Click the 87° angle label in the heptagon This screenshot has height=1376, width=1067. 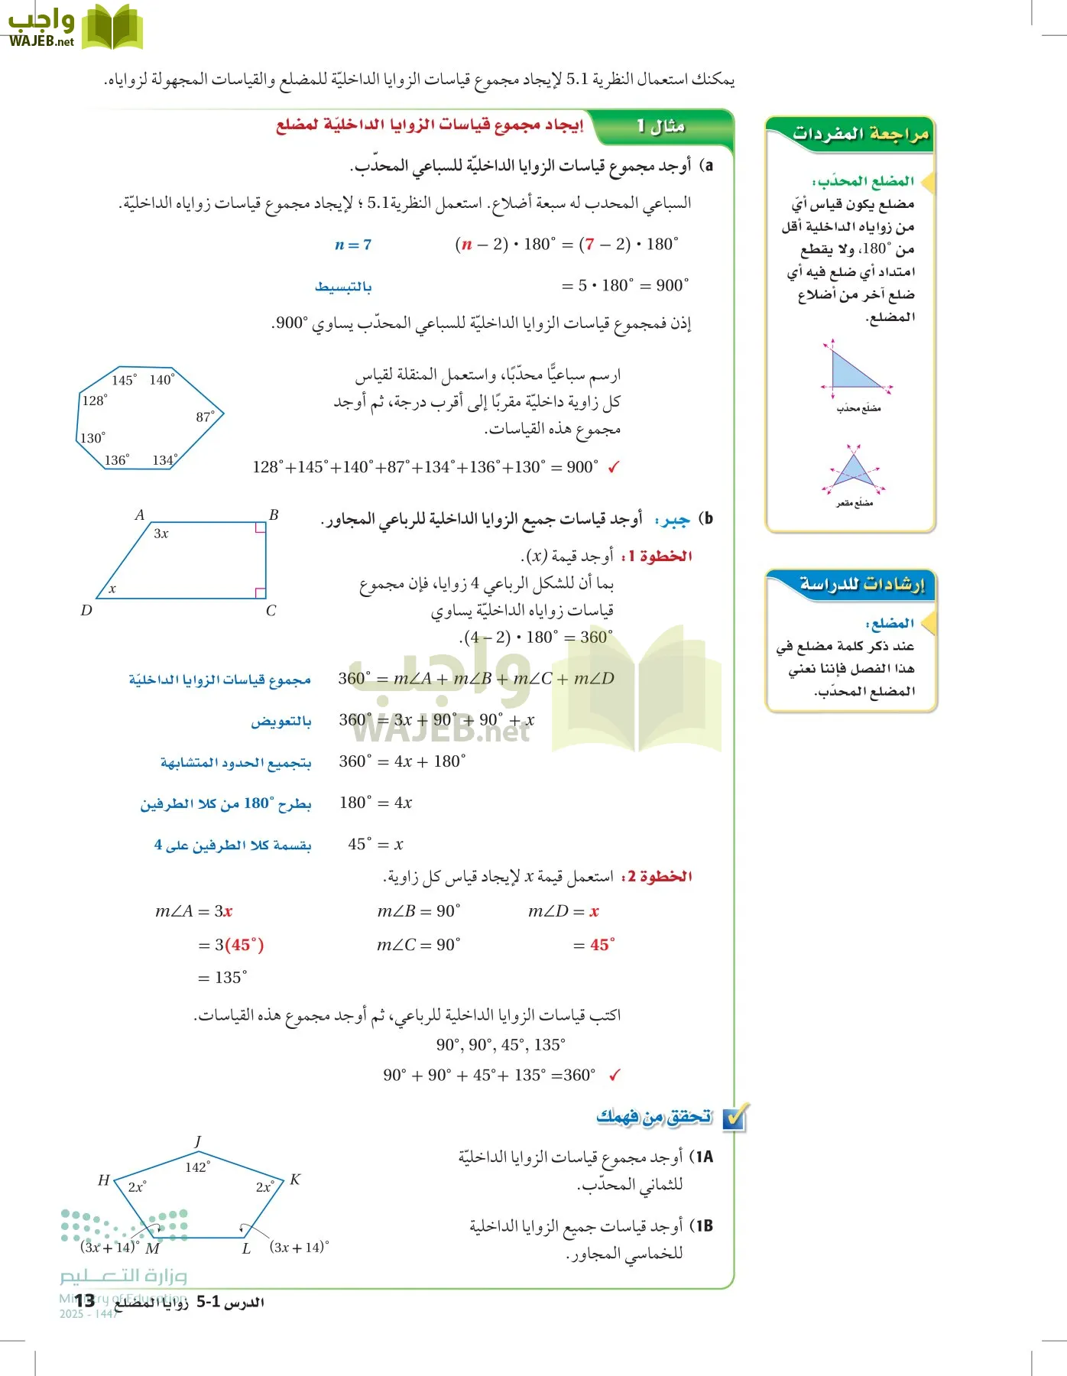point(205,417)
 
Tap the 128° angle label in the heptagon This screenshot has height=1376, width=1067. point(95,400)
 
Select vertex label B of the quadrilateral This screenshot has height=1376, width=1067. point(274,515)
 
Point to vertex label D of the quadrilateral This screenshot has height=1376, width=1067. point(86,610)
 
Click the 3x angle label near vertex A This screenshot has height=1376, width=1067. point(161,534)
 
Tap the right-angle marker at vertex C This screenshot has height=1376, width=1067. point(260,592)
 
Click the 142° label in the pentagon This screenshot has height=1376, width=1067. point(197,1167)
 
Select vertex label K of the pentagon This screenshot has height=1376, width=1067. point(295,1180)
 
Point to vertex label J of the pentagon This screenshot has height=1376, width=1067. point(198,1141)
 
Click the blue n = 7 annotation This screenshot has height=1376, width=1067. point(353,245)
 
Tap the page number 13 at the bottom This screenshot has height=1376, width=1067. point(85,1301)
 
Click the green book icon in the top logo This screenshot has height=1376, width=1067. point(112,28)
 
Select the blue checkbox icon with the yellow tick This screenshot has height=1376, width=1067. point(735,1118)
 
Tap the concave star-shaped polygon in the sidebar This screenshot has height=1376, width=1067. point(854,470)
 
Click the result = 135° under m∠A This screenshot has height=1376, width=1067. point(222,977)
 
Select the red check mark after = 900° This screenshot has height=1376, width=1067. point(614,467)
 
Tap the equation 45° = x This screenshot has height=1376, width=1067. point(375,844)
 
